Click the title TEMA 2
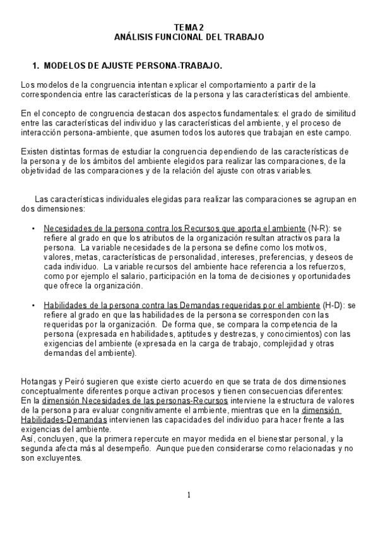189,27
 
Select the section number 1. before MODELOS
36,66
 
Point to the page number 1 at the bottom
189,495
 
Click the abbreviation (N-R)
320,228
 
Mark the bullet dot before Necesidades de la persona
33,228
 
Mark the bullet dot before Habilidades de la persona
33,305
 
